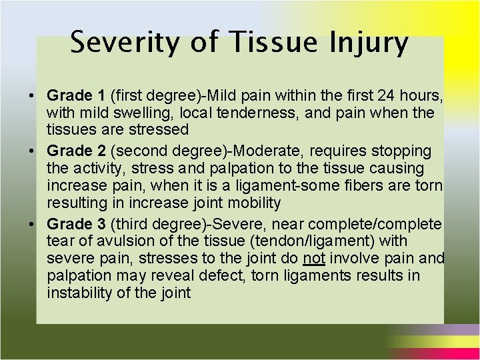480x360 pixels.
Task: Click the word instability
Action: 77,292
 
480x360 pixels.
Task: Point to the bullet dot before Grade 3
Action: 32,224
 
